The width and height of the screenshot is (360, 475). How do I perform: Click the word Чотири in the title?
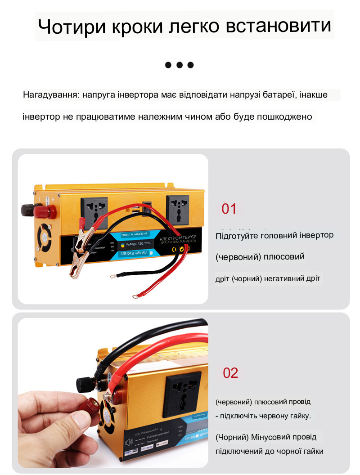69,27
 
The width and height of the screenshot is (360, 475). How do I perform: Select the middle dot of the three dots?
180,65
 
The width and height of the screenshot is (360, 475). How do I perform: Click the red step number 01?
229,209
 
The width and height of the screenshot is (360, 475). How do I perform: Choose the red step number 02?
230,373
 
